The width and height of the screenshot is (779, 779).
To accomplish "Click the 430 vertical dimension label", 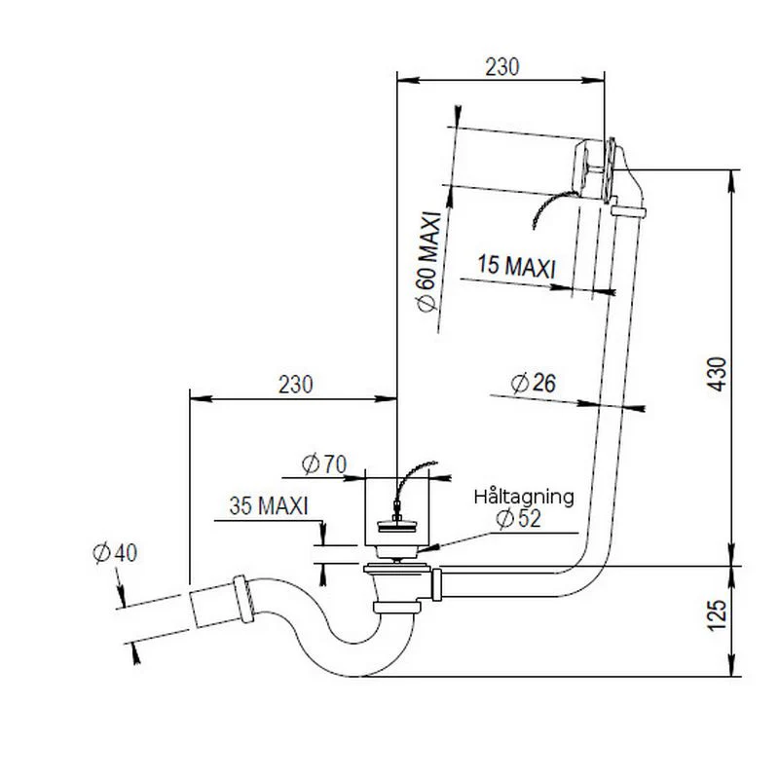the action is (718, 374).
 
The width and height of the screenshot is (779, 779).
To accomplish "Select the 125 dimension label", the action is (718, 615).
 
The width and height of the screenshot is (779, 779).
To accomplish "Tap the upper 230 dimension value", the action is (502, 67).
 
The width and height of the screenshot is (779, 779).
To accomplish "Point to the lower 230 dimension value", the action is (296, 385).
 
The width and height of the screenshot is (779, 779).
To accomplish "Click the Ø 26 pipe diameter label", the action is (533, 383).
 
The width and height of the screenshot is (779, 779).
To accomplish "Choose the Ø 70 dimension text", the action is (324, 464).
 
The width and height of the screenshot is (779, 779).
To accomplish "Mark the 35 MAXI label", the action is (269, 505).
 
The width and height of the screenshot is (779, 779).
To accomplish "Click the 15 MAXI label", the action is (516, 266).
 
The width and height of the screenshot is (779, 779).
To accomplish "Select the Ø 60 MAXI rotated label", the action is (429, 262).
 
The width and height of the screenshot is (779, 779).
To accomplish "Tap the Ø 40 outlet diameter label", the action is (115, 553).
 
